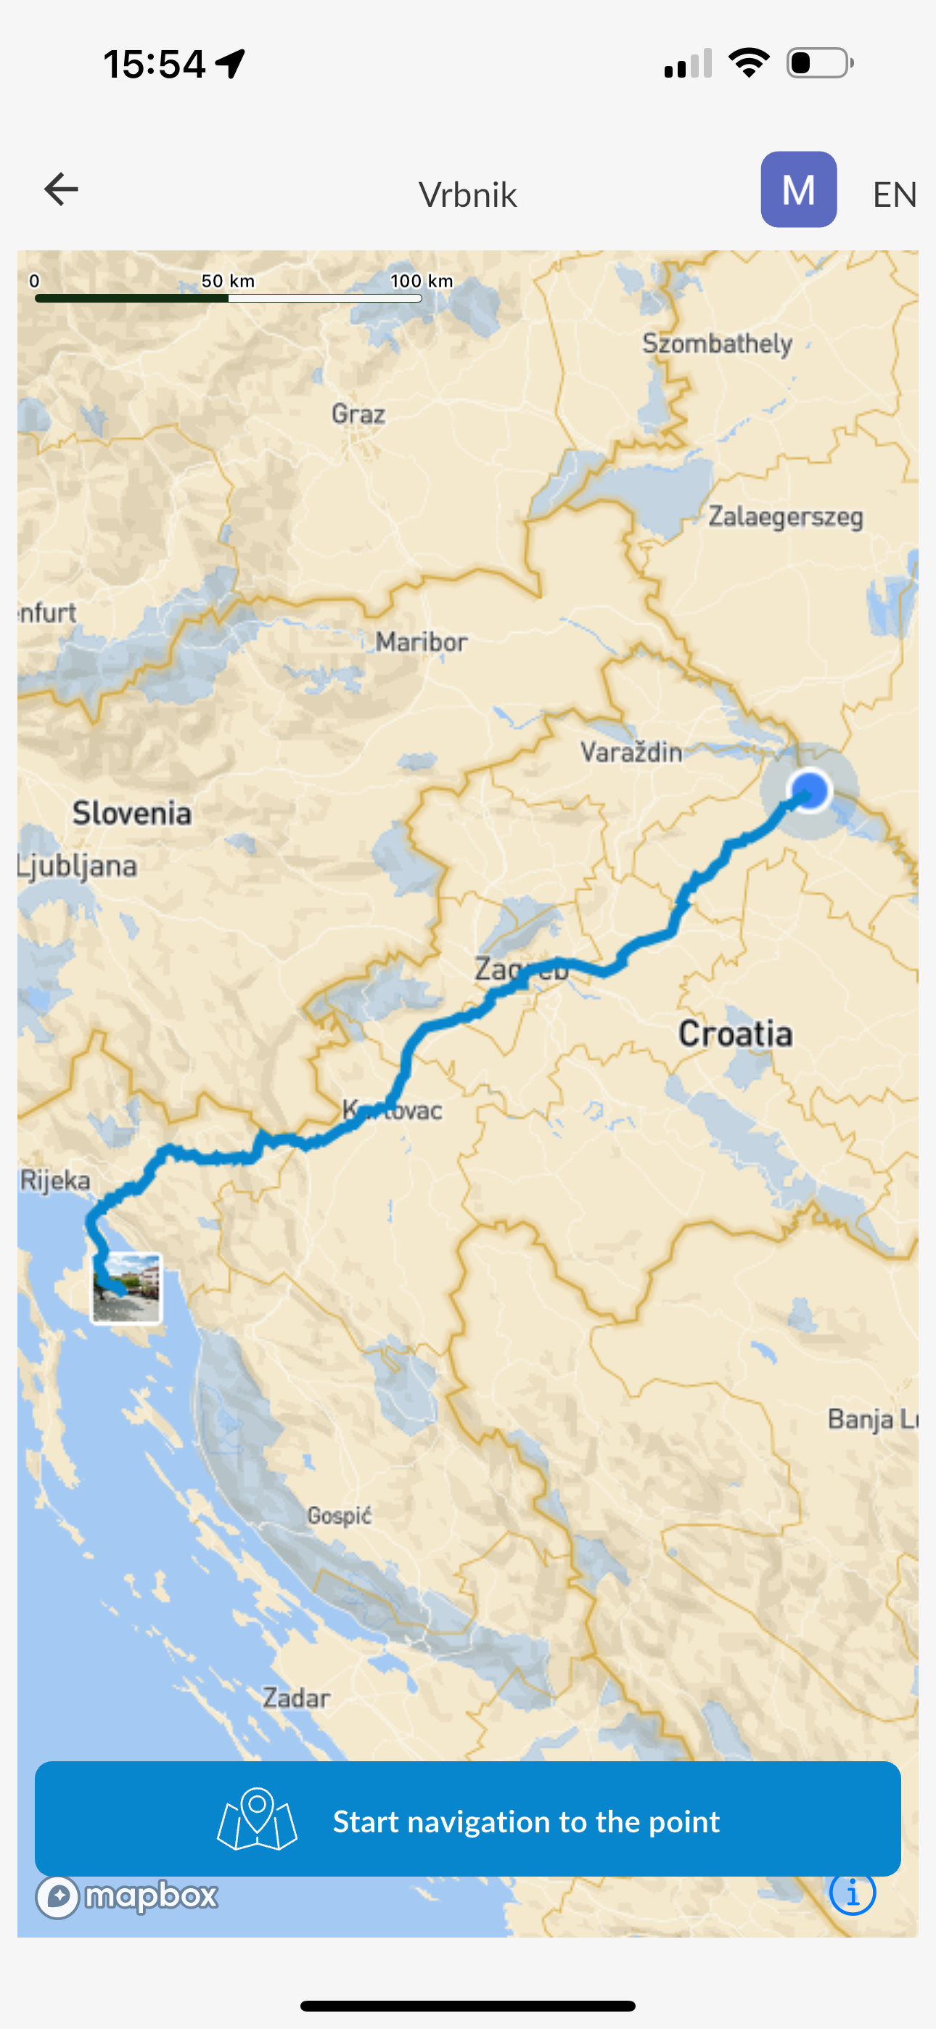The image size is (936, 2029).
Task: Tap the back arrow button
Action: click(61, 190)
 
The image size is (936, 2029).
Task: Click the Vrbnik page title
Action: click(467, 194)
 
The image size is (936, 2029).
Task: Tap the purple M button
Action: click(798, 190)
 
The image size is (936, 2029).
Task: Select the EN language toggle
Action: click(894, 194)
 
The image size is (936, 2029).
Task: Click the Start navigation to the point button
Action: click(468, 1820)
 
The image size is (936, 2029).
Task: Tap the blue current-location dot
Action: click(809, 790)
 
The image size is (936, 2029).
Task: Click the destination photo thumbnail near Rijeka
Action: click(126, 1288)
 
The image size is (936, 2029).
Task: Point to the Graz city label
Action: click(358, 414)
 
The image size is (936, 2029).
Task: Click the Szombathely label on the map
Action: click(717, 343)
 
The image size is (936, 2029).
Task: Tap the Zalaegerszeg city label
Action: click(786, 517)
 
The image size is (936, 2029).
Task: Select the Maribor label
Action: click(422, 642)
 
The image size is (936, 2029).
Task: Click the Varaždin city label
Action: click(631, 753)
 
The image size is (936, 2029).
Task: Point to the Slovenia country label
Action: click(131, 813)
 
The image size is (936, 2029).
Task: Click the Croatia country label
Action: click(735, 1033)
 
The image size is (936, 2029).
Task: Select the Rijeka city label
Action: click(55, 1180)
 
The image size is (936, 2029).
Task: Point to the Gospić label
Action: click(340, 1515)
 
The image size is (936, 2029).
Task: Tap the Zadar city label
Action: click(296, 1697)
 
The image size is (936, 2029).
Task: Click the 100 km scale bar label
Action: click(422, 280)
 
